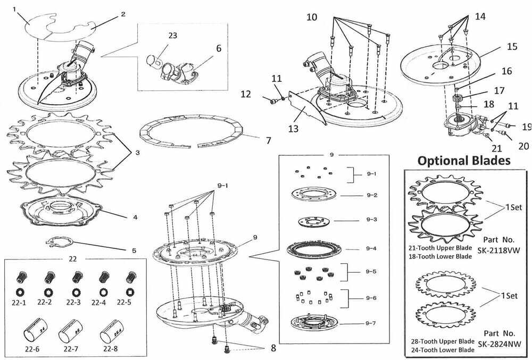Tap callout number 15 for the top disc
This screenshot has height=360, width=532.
point(512,47)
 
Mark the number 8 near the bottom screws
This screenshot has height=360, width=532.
point(272,349)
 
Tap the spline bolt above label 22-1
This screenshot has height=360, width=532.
point(22,277)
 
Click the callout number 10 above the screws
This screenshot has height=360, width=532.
point(311,17)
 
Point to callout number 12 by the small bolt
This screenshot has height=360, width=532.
point(245,94)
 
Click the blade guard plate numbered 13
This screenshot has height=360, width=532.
point(306,108)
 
